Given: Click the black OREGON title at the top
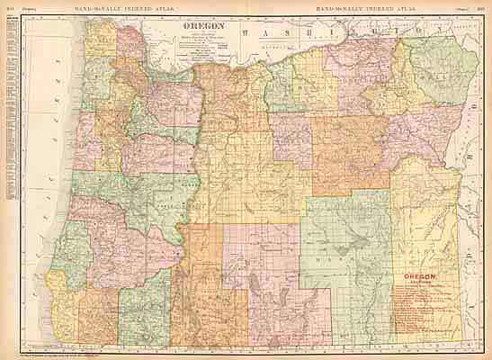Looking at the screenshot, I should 201,28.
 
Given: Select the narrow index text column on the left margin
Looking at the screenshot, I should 10,108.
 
